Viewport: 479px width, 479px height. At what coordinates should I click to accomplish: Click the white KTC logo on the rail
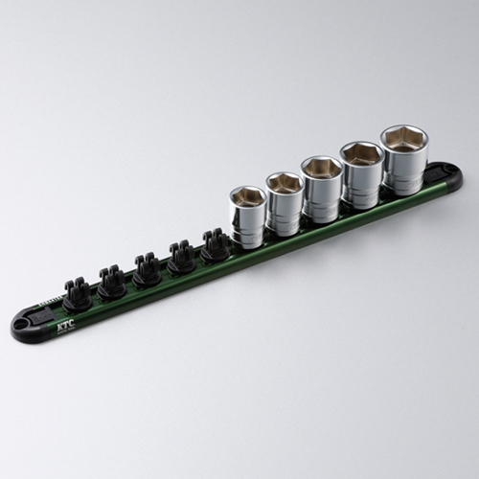pos(64,327)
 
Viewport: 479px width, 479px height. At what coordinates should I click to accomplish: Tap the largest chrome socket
pos(404,159)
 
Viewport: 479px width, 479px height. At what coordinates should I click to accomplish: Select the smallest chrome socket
pos(248,217)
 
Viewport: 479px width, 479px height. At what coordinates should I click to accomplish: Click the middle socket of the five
pos(322,189)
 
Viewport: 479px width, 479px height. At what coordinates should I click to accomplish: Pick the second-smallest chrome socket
pos(285,203)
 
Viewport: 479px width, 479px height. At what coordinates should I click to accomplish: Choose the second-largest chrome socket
pos(363,174)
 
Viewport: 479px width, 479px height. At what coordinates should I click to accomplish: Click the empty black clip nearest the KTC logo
pos(76,294)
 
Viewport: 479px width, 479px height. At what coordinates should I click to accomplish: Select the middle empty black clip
pos(146,270)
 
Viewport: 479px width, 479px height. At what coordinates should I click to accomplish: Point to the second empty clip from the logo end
pos(111,283)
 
